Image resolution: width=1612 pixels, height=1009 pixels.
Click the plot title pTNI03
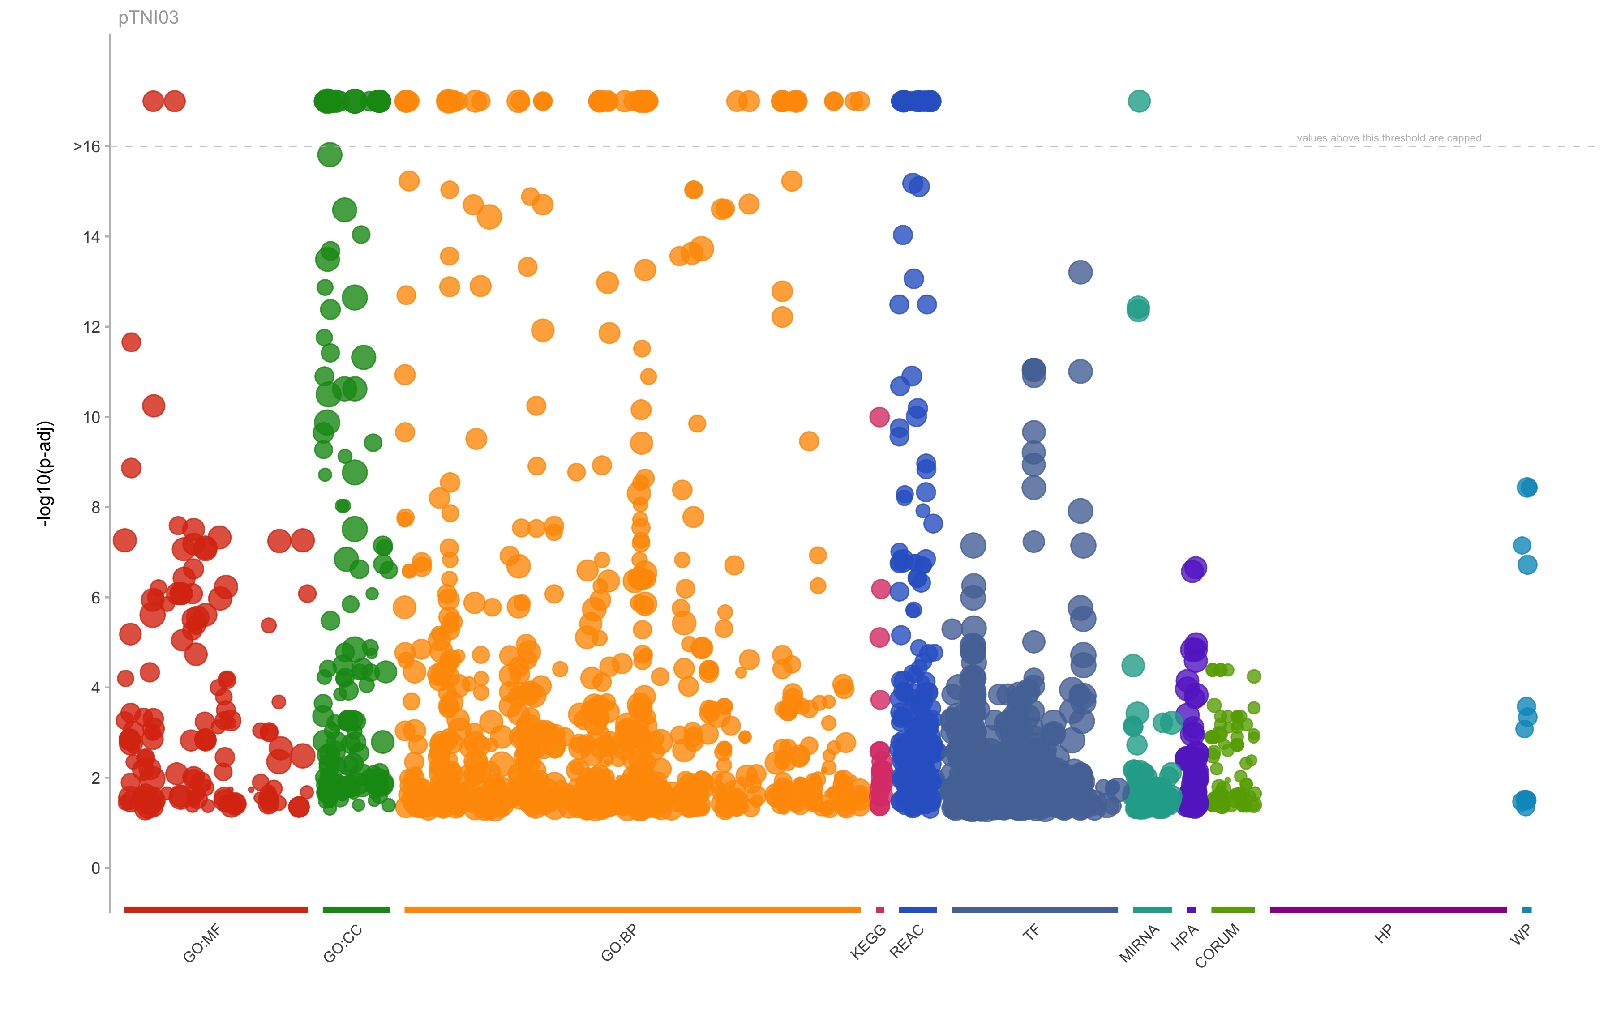[148, 17]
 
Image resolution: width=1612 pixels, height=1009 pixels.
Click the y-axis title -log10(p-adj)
[45, 473]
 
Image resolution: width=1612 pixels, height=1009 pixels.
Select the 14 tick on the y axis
[91, 237]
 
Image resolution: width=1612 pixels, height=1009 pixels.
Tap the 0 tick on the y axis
[95, 868]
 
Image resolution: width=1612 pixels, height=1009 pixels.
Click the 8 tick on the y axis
[95, 507]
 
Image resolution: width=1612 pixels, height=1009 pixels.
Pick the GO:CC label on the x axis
[343, 944]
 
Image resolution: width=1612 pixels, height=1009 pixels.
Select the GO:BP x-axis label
[619, 944]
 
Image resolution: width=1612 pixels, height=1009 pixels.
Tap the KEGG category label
[868, 941]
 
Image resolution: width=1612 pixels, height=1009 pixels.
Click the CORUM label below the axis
[1218, 945]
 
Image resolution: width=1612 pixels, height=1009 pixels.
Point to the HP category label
[1383, 934]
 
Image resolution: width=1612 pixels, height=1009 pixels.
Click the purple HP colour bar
[1387, 910]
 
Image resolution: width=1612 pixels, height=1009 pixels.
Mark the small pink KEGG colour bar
[880, 910]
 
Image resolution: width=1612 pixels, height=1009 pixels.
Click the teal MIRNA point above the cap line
[1139, 102]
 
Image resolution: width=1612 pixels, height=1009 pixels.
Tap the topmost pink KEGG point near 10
[879, 417]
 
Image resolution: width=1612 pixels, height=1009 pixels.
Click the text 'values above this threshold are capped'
[1389, 138]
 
